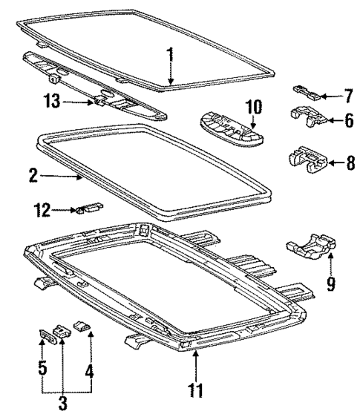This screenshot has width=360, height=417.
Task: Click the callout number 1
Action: [x=170, y=55]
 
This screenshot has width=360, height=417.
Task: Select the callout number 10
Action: [x=254, y=107]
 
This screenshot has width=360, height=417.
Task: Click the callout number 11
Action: [x=196, y=389]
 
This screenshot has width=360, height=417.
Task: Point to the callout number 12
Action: [x=41, y=211]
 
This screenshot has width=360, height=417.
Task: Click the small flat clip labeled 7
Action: [x=306, y=92]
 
